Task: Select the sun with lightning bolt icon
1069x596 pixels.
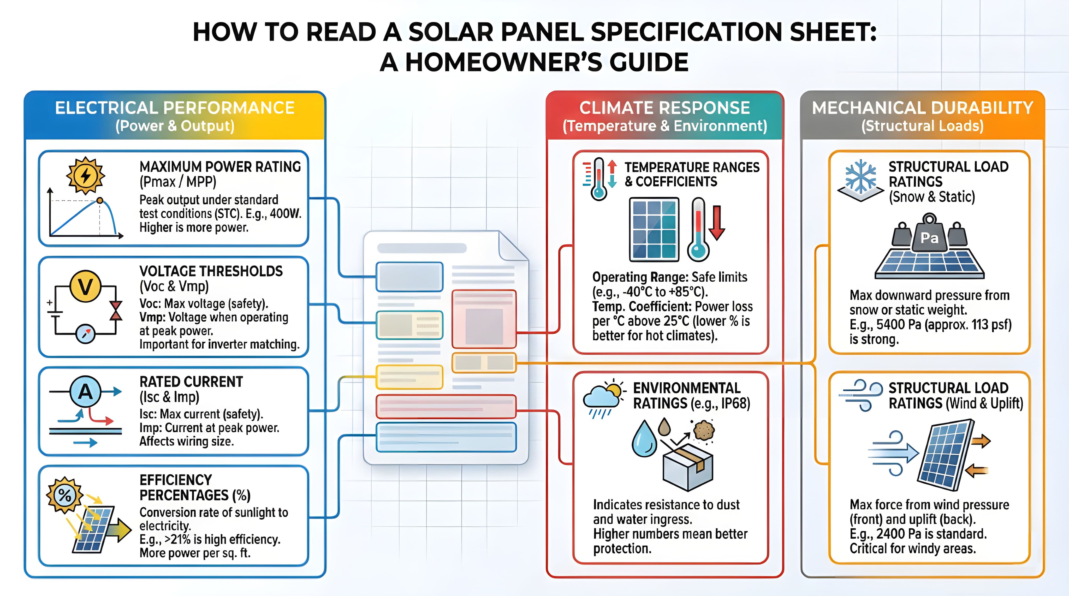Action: coord(86,176)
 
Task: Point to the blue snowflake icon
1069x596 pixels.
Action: coord(861,176)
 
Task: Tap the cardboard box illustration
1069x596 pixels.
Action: coord(688,467)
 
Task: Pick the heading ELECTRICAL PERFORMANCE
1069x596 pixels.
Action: coord(175,108)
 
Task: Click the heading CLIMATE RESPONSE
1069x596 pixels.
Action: coord(664,108)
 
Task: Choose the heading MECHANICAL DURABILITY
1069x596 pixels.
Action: coord(922,108)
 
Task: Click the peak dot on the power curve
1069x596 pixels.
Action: coord(100,200)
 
